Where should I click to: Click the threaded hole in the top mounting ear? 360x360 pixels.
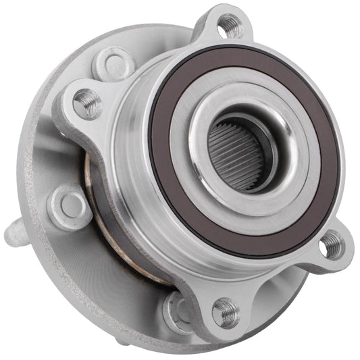[x=231, y=26]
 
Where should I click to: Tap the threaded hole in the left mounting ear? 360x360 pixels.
[x=88, y=103]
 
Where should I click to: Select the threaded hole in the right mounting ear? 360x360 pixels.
[x=332, y=244]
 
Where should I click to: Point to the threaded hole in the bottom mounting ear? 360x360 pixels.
[x=226, y=312]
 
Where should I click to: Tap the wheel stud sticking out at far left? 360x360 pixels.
[x=13, y=234]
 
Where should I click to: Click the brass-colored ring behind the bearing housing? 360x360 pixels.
[x=101, y=223]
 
